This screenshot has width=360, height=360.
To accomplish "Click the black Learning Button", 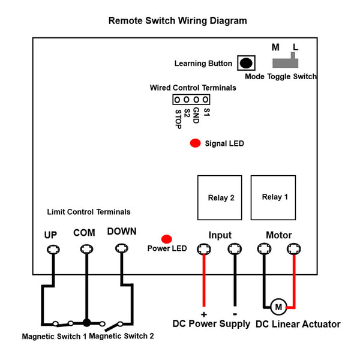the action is coord(246,63).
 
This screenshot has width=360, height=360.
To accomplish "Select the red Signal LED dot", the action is coord(196,143).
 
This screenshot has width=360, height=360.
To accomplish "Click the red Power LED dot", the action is coord(167,239).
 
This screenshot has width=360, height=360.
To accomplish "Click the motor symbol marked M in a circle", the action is coord(278,307).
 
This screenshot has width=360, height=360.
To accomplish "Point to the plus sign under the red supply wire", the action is coord(204,314).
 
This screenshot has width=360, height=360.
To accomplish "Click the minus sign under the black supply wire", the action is coord(235,314).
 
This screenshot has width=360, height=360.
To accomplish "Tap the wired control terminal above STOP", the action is coord(177,100).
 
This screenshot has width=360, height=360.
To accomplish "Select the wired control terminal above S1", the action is coord(205,100).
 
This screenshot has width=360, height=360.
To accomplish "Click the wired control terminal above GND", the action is coord(196,100).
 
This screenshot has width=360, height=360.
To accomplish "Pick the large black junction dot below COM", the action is coord(86,323).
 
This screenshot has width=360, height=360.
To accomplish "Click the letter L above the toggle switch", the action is coord(295,47).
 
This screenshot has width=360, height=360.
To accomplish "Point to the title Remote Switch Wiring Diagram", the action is coord(178,20).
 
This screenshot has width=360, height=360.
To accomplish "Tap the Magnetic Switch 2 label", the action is coord(121,336).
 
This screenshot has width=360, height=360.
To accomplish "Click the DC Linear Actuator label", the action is coord(298,324).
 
